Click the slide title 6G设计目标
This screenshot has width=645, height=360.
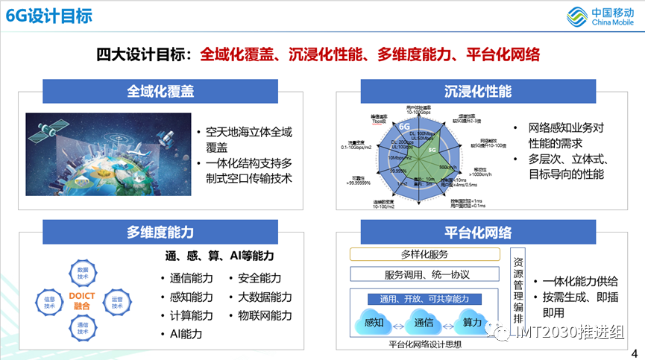[49, 16]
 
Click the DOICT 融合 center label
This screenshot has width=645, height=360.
[82, 301]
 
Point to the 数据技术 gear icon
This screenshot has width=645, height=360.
[83, 273]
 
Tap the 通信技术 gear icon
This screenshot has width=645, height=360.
[83, 329]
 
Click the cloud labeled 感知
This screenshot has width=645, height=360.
[375, 324]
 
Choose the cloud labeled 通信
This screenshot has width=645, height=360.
[424, 324]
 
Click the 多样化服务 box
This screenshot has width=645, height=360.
[424, 254]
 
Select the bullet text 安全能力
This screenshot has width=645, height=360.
[259, 278]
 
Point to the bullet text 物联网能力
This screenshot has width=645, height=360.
[265, 315]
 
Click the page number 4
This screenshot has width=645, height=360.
[634, 353]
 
